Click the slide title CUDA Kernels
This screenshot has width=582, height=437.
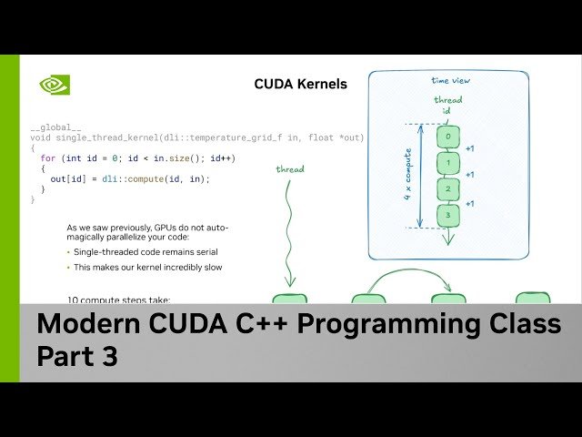(300, 85)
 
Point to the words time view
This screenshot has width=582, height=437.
(445, 81)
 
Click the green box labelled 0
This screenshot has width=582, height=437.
(447, 137)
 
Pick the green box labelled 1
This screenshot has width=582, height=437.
(447, 164)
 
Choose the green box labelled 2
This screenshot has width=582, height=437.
(447, 190)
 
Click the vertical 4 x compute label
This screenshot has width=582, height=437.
(407, 176)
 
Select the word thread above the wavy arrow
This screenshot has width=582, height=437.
(290, 168)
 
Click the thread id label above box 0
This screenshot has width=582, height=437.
(447, 106)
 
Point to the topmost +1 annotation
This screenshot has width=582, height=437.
(470, 148)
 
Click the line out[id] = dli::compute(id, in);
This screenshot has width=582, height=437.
(130, 179)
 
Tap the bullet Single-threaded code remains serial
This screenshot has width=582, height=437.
(145, 251)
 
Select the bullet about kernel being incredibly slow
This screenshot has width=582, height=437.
(147, 268)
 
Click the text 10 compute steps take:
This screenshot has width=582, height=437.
(118, 299)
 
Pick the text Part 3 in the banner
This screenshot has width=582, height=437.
(77, 358)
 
